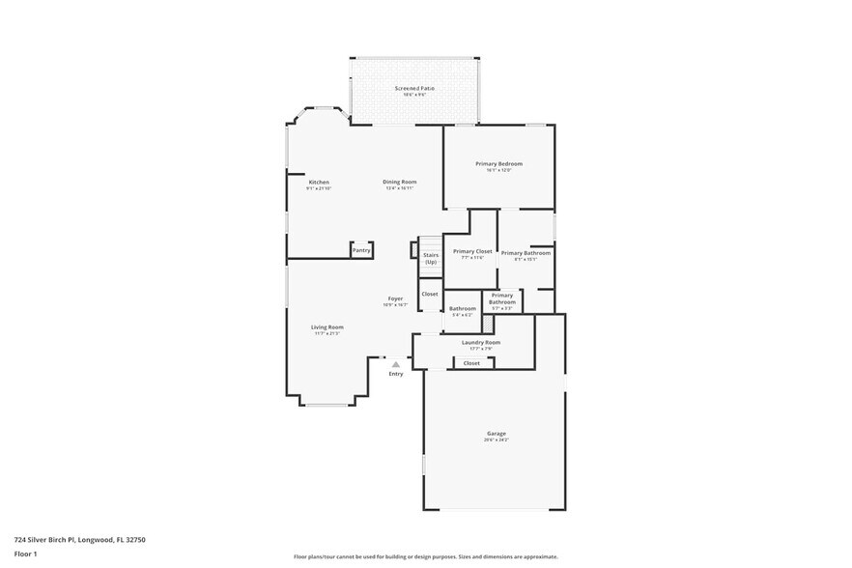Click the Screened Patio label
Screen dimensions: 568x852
(414, 88)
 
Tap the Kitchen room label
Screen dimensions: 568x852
(319, 182)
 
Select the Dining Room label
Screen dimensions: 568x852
(399, 182)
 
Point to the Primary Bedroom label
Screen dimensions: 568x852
(498, 164)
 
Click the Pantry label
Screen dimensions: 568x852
(361, 250)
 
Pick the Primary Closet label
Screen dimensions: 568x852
(472, 251)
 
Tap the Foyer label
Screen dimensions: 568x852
(395, 298)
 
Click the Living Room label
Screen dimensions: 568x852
(327, 327)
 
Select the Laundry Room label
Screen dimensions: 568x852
(480, 342)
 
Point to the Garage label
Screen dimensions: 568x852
(496, 433)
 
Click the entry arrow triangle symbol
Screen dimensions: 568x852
(395, 364)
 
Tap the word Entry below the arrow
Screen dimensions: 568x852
(396, 374)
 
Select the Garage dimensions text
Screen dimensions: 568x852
(496, 440)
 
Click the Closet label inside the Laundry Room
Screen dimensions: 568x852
(471, 363)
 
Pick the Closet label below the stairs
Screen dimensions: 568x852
(430, 294)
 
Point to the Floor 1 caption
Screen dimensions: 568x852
(25, 554)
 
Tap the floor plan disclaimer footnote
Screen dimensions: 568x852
(426, 557)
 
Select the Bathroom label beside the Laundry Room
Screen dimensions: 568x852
(462, 308)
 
